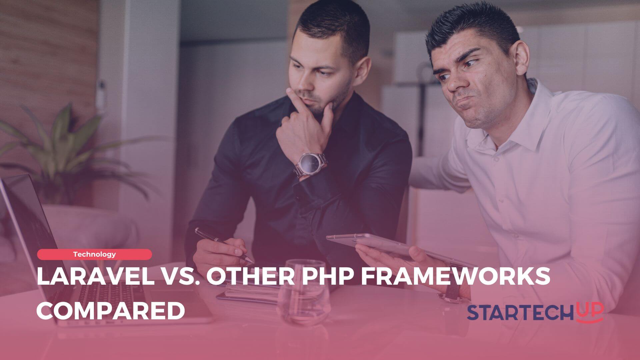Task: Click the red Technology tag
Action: [x=94, y=254]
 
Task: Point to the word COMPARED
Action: [x=111, y=311]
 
